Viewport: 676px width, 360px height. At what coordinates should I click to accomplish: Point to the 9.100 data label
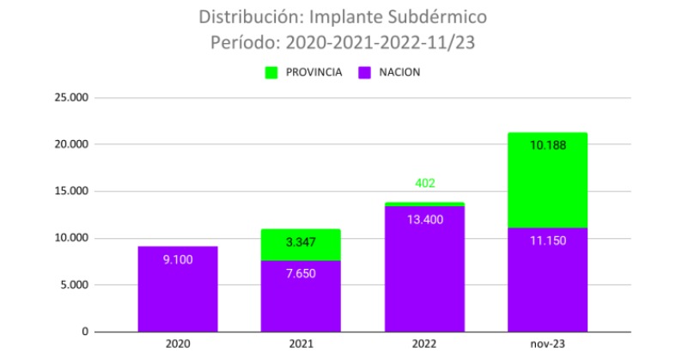(178, 258)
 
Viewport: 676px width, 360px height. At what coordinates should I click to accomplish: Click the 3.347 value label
(301, 242)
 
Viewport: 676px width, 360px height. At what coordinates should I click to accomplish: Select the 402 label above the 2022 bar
(424, 183)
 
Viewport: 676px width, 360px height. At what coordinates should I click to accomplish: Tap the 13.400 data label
(424, 219)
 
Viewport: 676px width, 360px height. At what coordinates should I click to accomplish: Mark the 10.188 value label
(547, 145)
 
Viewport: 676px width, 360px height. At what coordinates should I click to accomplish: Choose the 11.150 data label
(547, 240)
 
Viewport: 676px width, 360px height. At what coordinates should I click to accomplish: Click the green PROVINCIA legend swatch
(272, 72)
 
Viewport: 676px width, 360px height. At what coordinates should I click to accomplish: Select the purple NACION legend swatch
(363, 72)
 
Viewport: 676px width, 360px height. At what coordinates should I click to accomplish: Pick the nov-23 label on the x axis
(547, 344)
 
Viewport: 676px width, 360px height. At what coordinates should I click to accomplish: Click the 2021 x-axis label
(301, 344)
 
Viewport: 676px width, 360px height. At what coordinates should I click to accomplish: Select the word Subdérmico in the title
(434, 16)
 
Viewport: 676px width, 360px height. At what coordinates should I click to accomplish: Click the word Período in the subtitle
(242, 41)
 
